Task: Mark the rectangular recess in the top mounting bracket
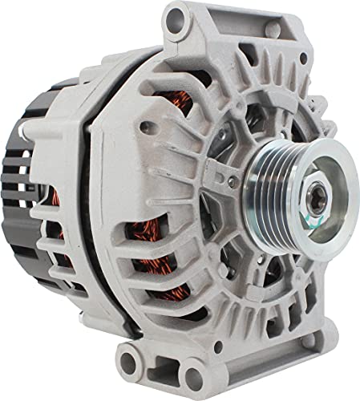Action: [x=224, y=32]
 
